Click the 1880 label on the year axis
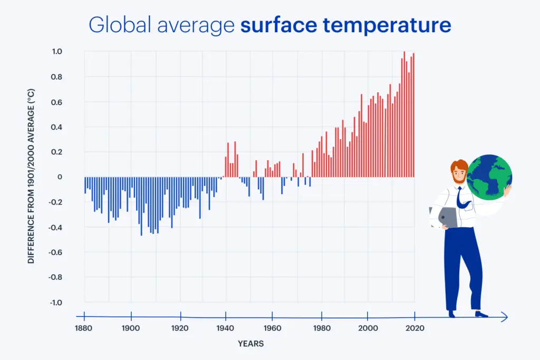point(84,328)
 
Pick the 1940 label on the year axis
point(225,328)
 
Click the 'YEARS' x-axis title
point(250,344)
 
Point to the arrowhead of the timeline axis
point(505,317)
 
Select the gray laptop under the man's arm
point(447,217)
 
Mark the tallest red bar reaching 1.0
point(404,114)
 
